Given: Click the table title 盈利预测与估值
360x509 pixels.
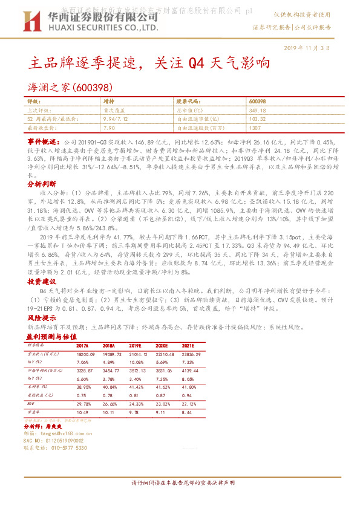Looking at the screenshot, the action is click(51, 336).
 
